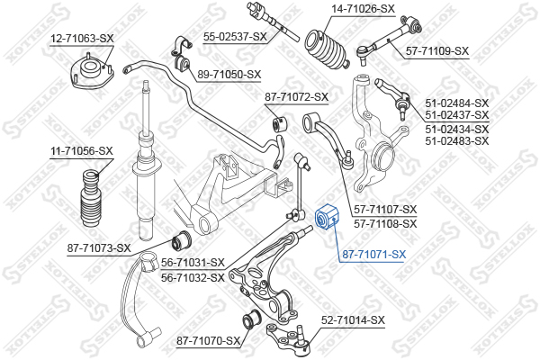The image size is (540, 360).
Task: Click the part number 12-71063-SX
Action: pyautogui.click(x=81, y=39)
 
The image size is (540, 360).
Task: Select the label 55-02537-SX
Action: pyautogui.click(x=235, y=36)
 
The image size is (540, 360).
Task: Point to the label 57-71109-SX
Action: pyautogui.click(x=436, y=51)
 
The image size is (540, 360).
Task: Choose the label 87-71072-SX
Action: pyautogui.click(x=296, y=96)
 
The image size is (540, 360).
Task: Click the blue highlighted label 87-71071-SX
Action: pyautogui.click(x=373, y=255)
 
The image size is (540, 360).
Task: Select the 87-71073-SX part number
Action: pyautogui.click(x=99, y=247)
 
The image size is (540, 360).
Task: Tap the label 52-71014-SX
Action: pyautogui.click(x=352, y=319)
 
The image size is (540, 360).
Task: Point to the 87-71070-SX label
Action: pyautogui.click(x=209, y=340)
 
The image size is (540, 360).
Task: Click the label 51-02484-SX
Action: pyautogui.click(x=456, y=103)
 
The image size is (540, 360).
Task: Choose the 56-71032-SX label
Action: pyautogui.click(x=192, y=277)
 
